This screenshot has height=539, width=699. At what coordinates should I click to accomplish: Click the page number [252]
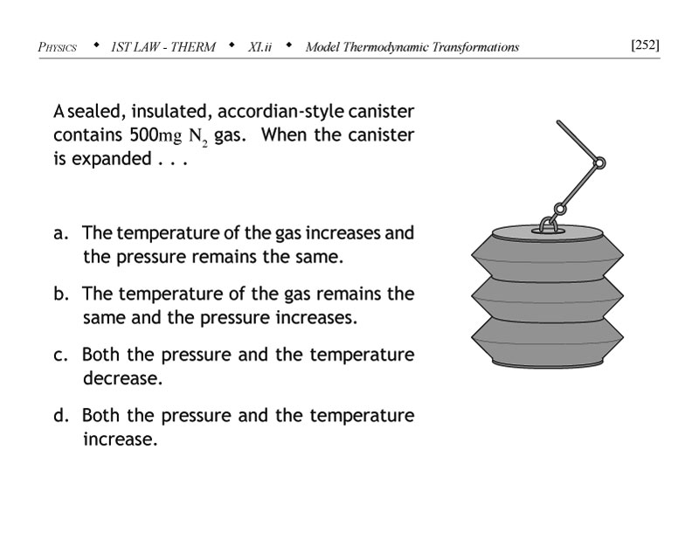(644, 45)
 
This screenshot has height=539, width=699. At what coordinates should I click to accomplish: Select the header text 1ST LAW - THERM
(163, 46)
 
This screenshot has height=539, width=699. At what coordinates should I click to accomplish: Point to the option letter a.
(60, 234)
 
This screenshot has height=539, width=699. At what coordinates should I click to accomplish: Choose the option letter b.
(60, 294)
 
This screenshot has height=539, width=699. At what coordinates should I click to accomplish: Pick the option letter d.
(60, 416)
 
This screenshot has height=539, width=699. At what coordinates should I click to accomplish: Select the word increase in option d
(120, 439)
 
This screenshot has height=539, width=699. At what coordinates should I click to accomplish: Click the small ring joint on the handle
(599, 162)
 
